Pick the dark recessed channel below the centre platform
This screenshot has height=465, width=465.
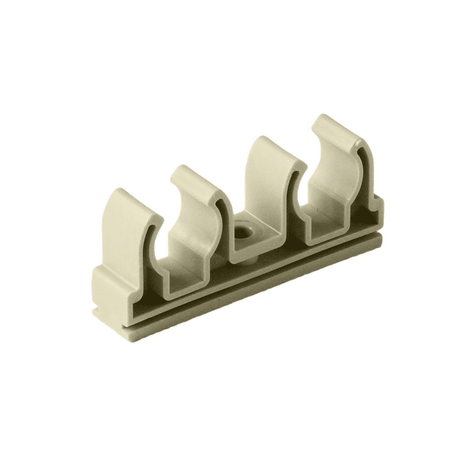pyautogui.click(x=256, y=273)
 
